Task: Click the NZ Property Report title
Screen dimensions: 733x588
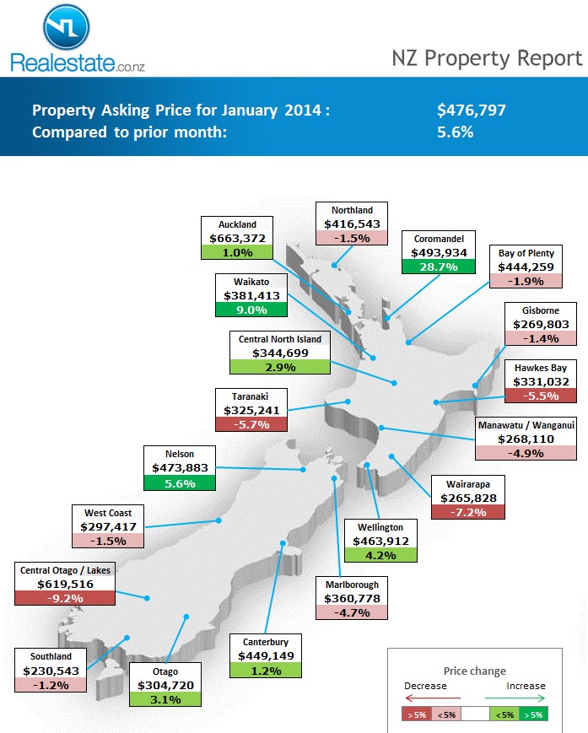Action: click(x=487, y=57)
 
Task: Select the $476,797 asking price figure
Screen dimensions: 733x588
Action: click(x=472, y=110)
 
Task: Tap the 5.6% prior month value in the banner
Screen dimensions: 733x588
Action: click(x=456, y=132)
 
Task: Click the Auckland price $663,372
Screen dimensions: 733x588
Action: click(x=237, y=238)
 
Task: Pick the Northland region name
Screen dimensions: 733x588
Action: click(x=352, y=210)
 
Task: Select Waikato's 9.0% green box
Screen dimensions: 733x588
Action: click(x=251, y=310)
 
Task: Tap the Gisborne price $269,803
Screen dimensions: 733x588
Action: click(x=541, y=324)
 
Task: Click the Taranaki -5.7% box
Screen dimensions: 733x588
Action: click(x=251, y=424)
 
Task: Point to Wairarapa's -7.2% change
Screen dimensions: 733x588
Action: click(x=467, y=512)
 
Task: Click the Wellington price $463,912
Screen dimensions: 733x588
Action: click(x=381, y=541)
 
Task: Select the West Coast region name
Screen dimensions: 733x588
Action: click(x=108, y=513)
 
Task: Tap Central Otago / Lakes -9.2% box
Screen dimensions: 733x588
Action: click(x=65, y=598)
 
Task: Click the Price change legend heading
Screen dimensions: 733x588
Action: click(x=475, y=671)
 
